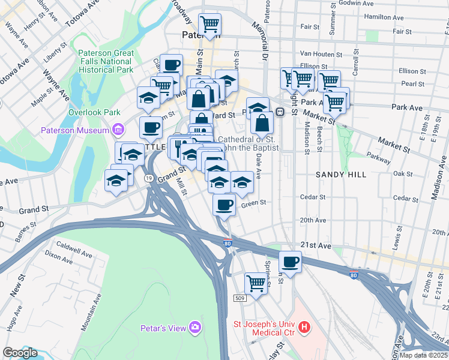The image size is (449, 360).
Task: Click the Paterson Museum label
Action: pyautogui.click(x=74, y=130)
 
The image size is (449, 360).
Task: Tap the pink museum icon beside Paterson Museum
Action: pyautogui.click(x=118, y=130)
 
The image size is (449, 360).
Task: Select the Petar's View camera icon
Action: pyautogui.click(x=194, y=327)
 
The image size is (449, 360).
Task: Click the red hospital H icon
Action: pyautogui.click(x=305, y=327)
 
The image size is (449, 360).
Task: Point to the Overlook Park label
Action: pyautogui.click(x=94, y=112)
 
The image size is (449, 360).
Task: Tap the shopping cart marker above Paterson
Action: pyautogui.click(x=210, y=25)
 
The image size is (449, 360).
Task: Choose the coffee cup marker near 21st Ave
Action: pyautogui.click(x=290, y=262)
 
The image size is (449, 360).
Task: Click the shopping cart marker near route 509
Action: pyautogui.click(x=256, y=282)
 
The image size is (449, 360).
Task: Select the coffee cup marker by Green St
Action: pyautogui.click(x=224, y=205)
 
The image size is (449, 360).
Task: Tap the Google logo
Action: pyautogui.click(x=20, y=353)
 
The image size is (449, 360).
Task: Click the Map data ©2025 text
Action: pyautogui.click(x=424, y=355)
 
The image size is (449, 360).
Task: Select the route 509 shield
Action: pyautogui.click(x=240, y=298)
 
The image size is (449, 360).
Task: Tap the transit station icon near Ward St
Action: pyautogui.click(x=280, y=112)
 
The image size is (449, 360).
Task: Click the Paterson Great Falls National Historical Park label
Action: pyautogui.click(x=106, y=61)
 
